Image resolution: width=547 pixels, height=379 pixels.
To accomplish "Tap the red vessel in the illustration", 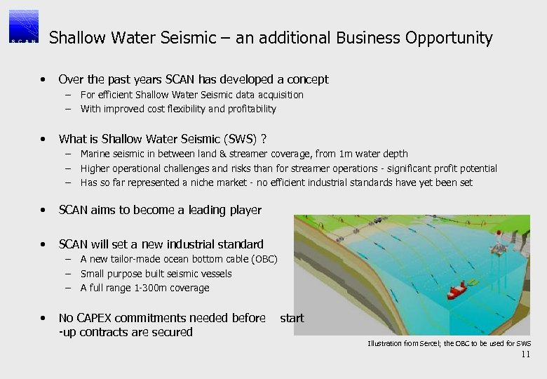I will (x=458, y=288).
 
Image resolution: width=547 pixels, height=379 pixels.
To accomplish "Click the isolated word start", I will (x=292, y=318).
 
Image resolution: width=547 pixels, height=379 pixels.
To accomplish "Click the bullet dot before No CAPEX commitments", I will (x=43, y=318).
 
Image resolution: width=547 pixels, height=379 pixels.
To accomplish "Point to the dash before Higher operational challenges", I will (x=69, y=168).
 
